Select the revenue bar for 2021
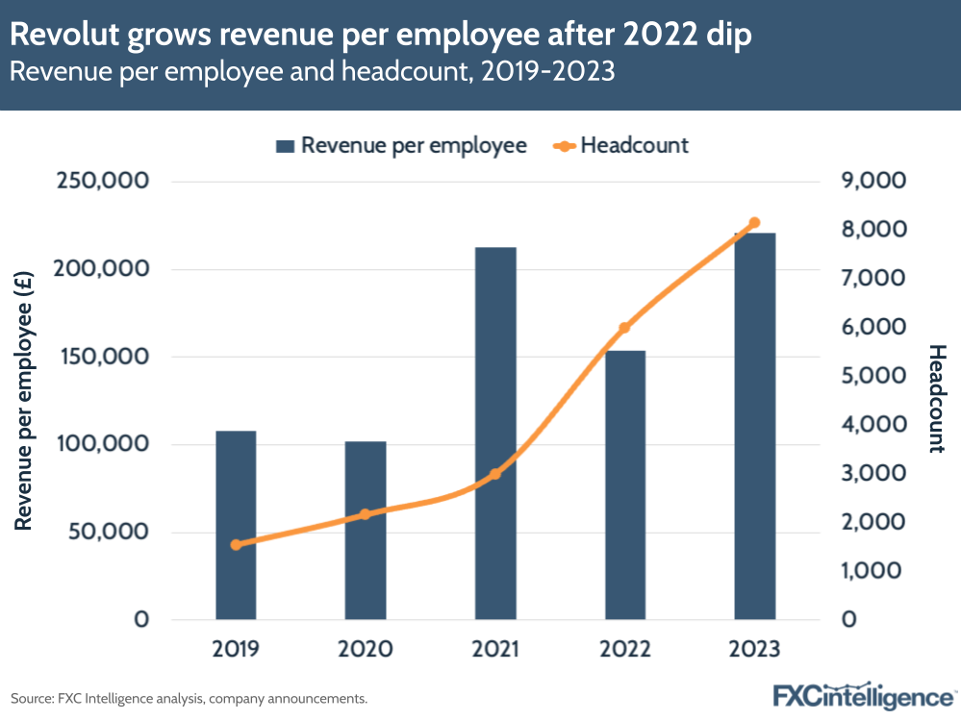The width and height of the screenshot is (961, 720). [x=495, y=433]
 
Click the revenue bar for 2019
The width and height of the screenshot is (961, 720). [x=236, y=524]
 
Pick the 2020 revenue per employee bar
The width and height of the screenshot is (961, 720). [x=366, y=530]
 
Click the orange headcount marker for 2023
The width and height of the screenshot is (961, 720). [x=754, y=223]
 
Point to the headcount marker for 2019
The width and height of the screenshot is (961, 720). [x=236, y=545]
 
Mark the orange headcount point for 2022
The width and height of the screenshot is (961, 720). [x=624, y=328]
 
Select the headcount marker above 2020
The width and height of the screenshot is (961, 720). [x=366, y=514]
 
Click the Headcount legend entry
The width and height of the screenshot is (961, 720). [x=622, y=145]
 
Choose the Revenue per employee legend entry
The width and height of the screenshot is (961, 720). [x=402, y=145]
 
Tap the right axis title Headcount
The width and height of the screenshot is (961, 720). [x=936, y=399]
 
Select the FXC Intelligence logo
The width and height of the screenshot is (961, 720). [x=864, y=695]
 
